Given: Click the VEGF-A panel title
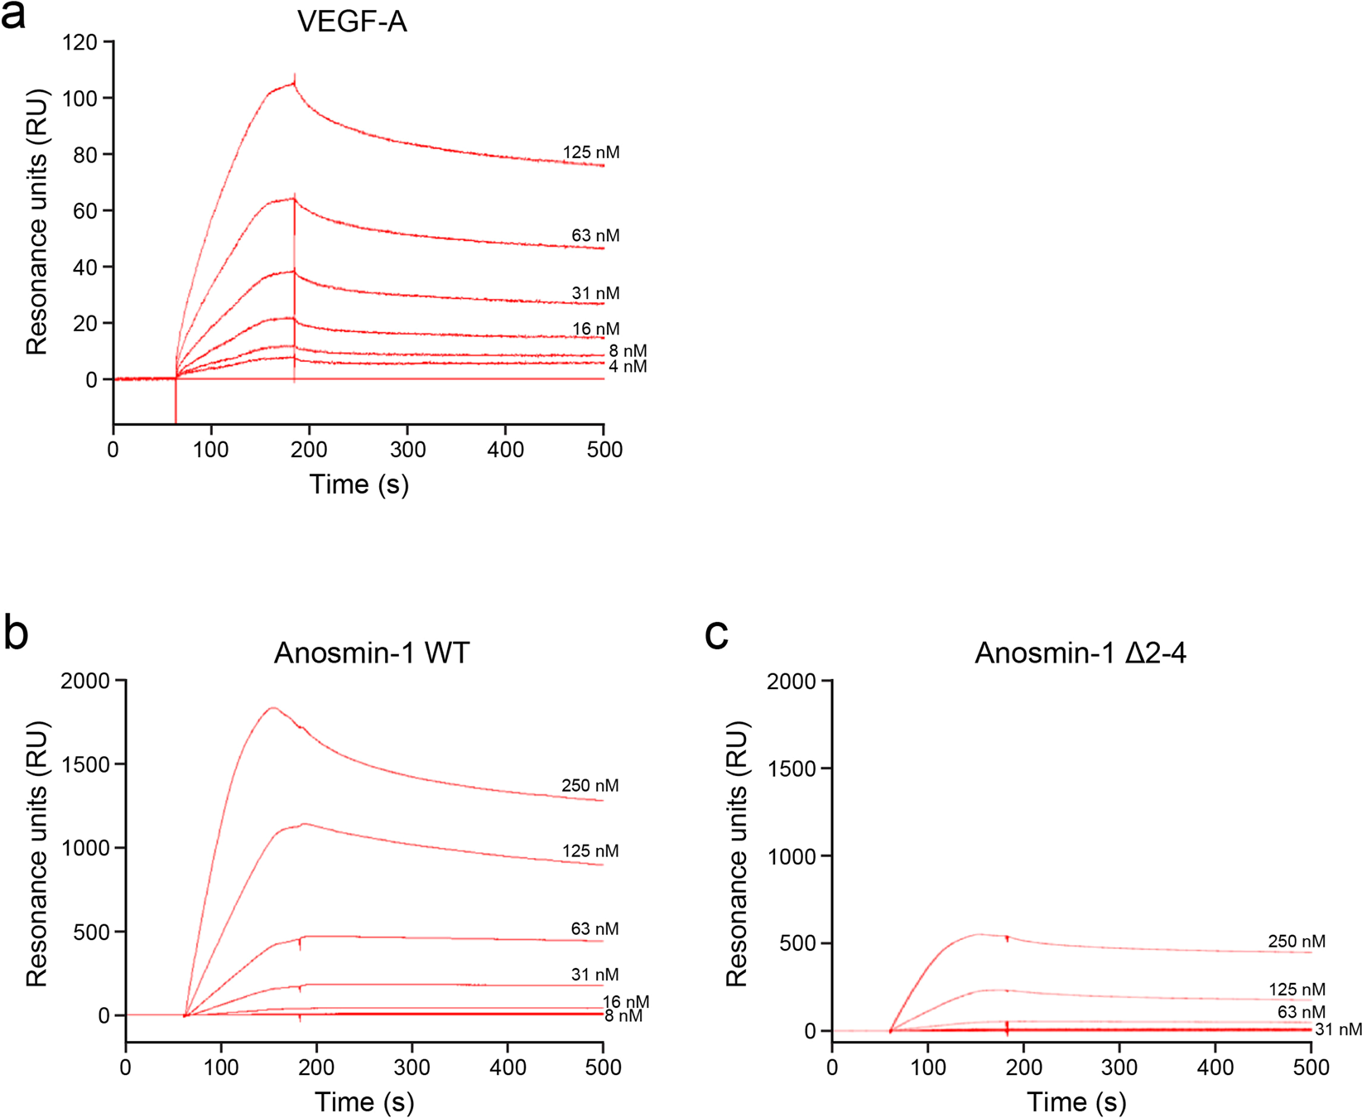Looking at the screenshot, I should pyautogui.click(x=352, y=22).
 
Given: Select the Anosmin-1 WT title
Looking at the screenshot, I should pyautogui.click(x=372, y=653).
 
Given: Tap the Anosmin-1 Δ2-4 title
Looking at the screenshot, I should pyautogui.click(x=1080, y=653).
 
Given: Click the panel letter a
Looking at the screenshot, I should pyautogui.click(x=12, y=15).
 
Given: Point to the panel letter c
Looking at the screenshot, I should pyautogui.click(x=715, y=634).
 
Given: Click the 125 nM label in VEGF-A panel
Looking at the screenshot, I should pyautogui.click(x=590, y=152).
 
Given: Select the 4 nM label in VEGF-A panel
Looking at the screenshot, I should pyautogui.click(x=627, y=366).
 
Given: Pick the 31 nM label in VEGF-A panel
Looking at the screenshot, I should pyautogui.click(x=594, y=293).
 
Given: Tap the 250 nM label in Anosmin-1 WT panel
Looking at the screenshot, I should pyautogui.click(x=590, y=785).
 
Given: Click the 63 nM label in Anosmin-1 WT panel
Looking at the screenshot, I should pyautogui.click(x=594, y=929).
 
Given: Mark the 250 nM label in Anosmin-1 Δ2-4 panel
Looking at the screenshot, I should pyautogui.click(x=1296, y=942).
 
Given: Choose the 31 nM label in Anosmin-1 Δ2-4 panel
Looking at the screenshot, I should pyautogui.click(x=1337, y=1029).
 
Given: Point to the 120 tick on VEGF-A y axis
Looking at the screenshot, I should pyautogui.click(x=79, y=42).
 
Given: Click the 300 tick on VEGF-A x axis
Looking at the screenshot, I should pyautogui.click(x=407, y=450).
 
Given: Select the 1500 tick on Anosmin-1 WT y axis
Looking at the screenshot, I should pyautogui.click(x=88, y=764).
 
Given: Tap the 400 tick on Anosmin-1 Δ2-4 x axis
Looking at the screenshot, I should pyautogui.click(x=1215, y=1067).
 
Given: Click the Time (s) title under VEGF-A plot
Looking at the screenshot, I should pyautogui.click(x=359, y=484).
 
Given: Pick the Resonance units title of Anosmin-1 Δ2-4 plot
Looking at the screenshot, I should pyautogui.click(x=736, y=853).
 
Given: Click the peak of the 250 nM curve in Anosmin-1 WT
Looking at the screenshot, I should pyautogui.click(x=273, y=707).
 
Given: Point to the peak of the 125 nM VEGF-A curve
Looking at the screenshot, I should pyautogui.click(x=293, y=83).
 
